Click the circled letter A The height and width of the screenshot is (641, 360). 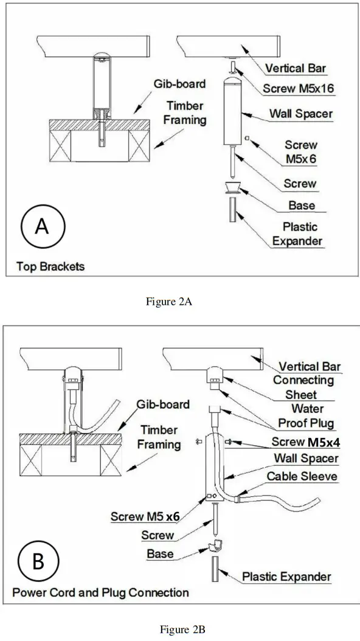coord(41,226)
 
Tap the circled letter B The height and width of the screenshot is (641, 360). coord(38,561)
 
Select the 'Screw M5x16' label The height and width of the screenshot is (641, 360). coord(299,89)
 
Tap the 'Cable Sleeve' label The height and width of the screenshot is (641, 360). coord(302,476)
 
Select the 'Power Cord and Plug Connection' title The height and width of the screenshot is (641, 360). coord(101,592)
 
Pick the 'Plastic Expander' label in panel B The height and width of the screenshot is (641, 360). coord(287,576)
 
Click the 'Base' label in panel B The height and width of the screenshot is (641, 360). coord(160,553)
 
